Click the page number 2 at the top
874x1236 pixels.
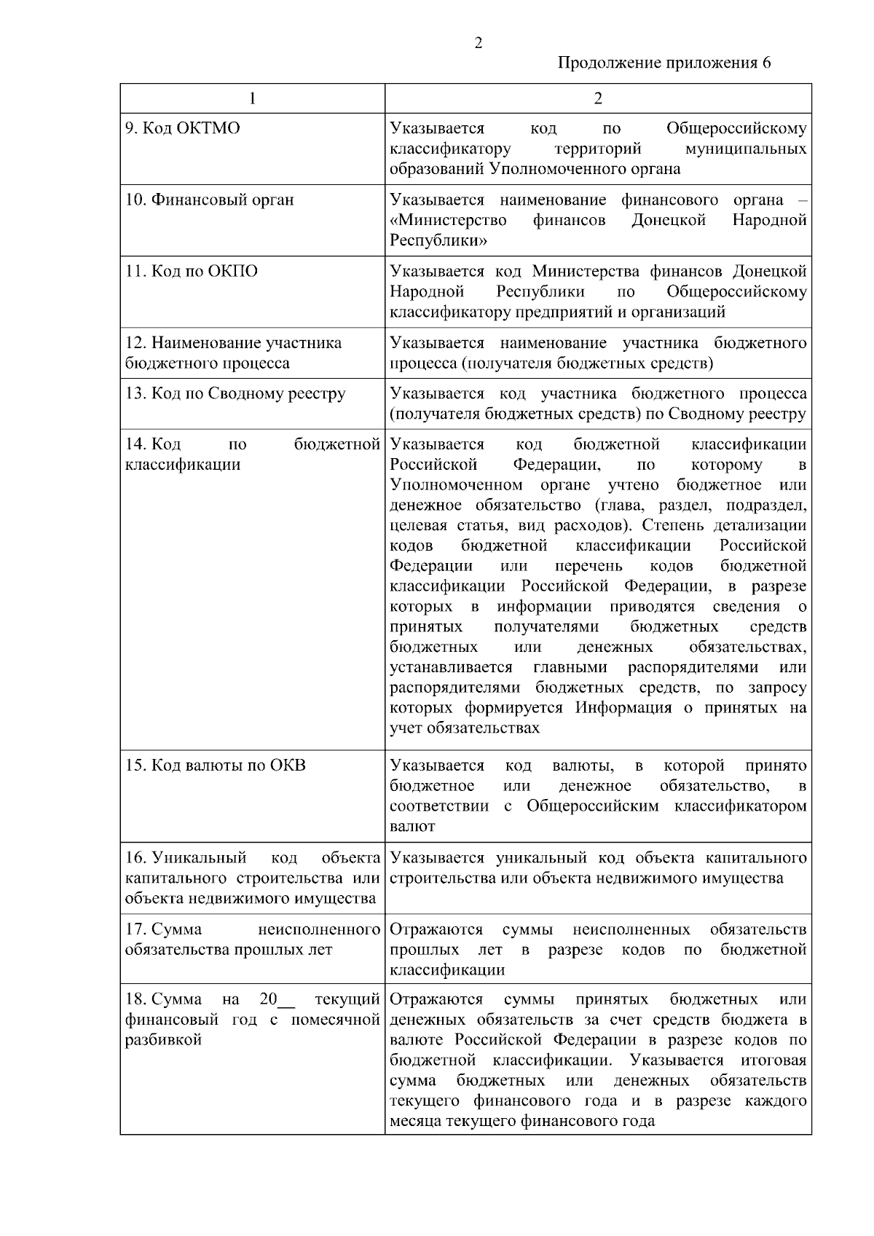point(479,43)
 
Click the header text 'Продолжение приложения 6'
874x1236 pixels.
point(664,63)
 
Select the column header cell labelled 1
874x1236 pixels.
point(252,98)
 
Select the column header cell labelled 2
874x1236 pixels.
point(598,98)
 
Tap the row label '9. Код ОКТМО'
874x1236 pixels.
point(183,129)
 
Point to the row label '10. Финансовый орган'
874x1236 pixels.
point(210,200)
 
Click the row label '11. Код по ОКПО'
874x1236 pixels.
point(192,272)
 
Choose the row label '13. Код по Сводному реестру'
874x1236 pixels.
point(235,394)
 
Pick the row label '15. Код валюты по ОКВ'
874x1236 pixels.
point(216,765)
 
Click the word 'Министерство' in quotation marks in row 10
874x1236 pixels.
point(449,220)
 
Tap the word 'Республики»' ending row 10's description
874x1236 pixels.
point(438,240)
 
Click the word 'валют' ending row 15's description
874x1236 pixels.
point(412,827)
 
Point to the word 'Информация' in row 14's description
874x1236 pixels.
point(624,708)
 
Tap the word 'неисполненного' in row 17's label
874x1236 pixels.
point(320,929)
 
